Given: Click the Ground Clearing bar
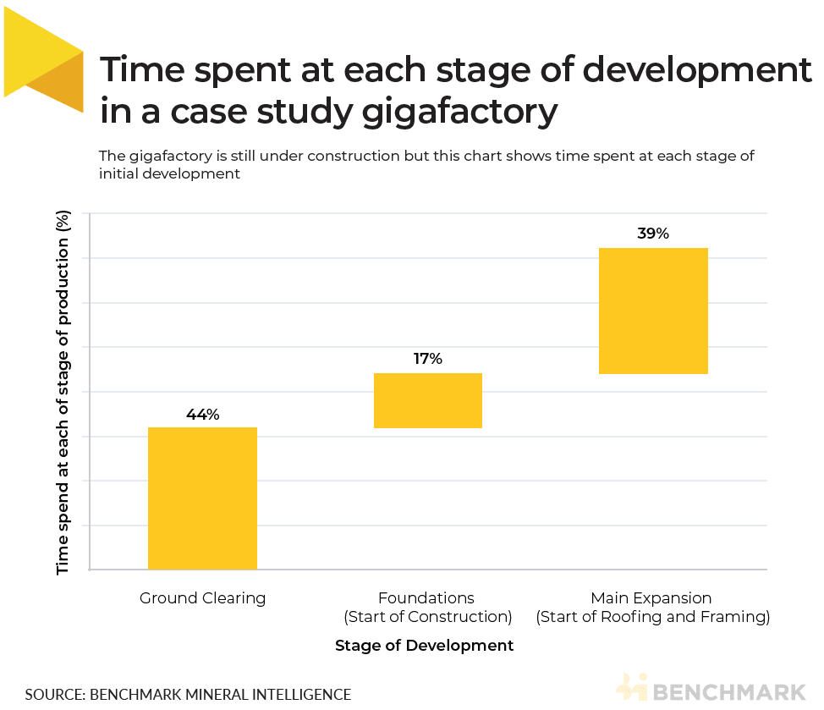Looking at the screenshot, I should pos(202,498).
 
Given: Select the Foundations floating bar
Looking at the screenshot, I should pos(427,400).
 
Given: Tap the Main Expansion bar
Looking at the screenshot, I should pos(652,311).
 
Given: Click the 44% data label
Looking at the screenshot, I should pos(202,415).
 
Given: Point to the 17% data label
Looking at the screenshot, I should pos(427,359).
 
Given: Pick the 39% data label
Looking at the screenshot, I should pos(652,234).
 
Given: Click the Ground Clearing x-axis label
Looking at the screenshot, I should pos(202,598).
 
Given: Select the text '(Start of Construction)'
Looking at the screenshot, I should pos(427,617).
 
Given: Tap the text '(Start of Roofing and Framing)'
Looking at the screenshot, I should pos(652,617).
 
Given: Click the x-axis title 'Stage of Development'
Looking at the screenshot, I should pos(424,646).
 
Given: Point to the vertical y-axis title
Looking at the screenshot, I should pos(63,394).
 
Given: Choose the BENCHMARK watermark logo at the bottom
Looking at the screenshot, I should pos(711,688).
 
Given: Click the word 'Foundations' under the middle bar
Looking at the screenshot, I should pos(427,598).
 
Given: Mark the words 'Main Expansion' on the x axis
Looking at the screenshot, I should pos(652,598).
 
